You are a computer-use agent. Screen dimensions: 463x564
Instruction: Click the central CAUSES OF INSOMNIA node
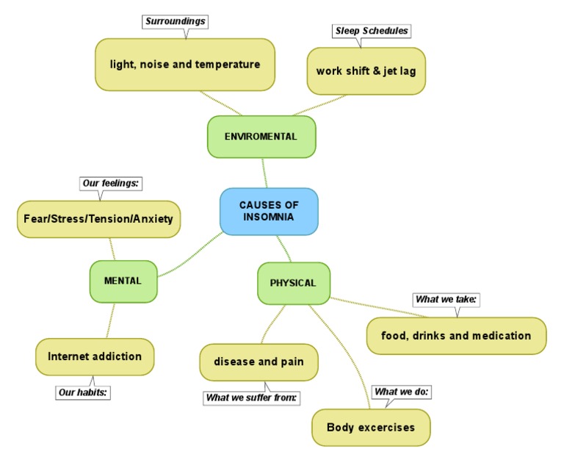pyautogui.click(x=269, y=212)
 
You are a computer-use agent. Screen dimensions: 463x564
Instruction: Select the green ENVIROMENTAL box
pyautogui.click(x=261, y=137)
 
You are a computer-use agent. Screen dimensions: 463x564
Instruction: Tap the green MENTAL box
pyautogui.click(x=123, y=281)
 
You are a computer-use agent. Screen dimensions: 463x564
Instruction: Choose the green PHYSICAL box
pyautogui.click(x=293, y=283)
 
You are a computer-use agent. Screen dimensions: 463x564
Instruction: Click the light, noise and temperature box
pyautogui.click(x=185, y=65)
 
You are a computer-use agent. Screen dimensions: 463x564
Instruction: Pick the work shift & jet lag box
pyautogui.click(x=366, y=71)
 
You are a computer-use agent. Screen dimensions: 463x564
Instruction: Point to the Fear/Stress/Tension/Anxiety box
pyautogui.click(x=98, y=219)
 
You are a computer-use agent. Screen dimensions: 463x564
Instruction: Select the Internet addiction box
pyautogui.click(x=95, y=356)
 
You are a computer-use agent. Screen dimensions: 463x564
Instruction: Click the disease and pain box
pyautogui.click(x=258, y=362)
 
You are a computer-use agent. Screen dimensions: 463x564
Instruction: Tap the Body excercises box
pyautogui.click(x=371, y=427)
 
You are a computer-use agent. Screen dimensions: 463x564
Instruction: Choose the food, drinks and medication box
pyautogui.click(x=456, y=336)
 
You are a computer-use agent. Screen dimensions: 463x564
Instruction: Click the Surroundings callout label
pyautogui.click(x=176, y=21)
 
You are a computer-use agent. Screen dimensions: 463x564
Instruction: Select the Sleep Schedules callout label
pyautogui.click(x=372, y=31)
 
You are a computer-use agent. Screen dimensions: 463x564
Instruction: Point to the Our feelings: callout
pyautogui.click(x=110, y=183)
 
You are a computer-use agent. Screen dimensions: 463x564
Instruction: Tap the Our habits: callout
pyautogui.click(x=83, y=392)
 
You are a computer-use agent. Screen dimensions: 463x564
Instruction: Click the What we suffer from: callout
pyautogui.click(x=252, y=398)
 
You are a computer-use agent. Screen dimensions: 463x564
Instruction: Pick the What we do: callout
pyautogui.click(x=401, y=392)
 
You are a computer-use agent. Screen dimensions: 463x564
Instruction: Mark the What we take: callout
pyautogui.click(x=446, y=299)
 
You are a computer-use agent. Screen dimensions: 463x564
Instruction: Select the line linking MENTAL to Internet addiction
pyautogui.click(x=111, y=320)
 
